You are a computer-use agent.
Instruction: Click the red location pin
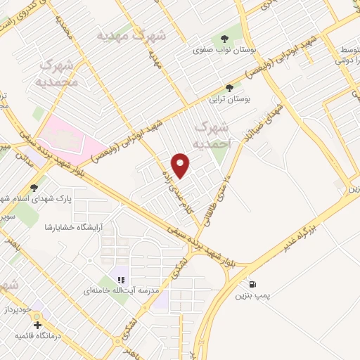pyautogui.click(x=182, y=165)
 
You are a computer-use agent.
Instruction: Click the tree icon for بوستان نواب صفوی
pyautogui.click(x=225, y=38)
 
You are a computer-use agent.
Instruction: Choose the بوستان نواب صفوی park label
pyautogui.click(x=224, y=51)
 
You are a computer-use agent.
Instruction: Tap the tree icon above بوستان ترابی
pyautogui.click(x=229, y=87)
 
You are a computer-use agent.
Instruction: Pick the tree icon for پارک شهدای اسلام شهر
pyautogui.click(x=34, y=187)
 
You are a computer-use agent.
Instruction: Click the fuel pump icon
pyautogui.click(x=252, y=285)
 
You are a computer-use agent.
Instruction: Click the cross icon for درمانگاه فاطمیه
pyautogui.click(x=37, y=326)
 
